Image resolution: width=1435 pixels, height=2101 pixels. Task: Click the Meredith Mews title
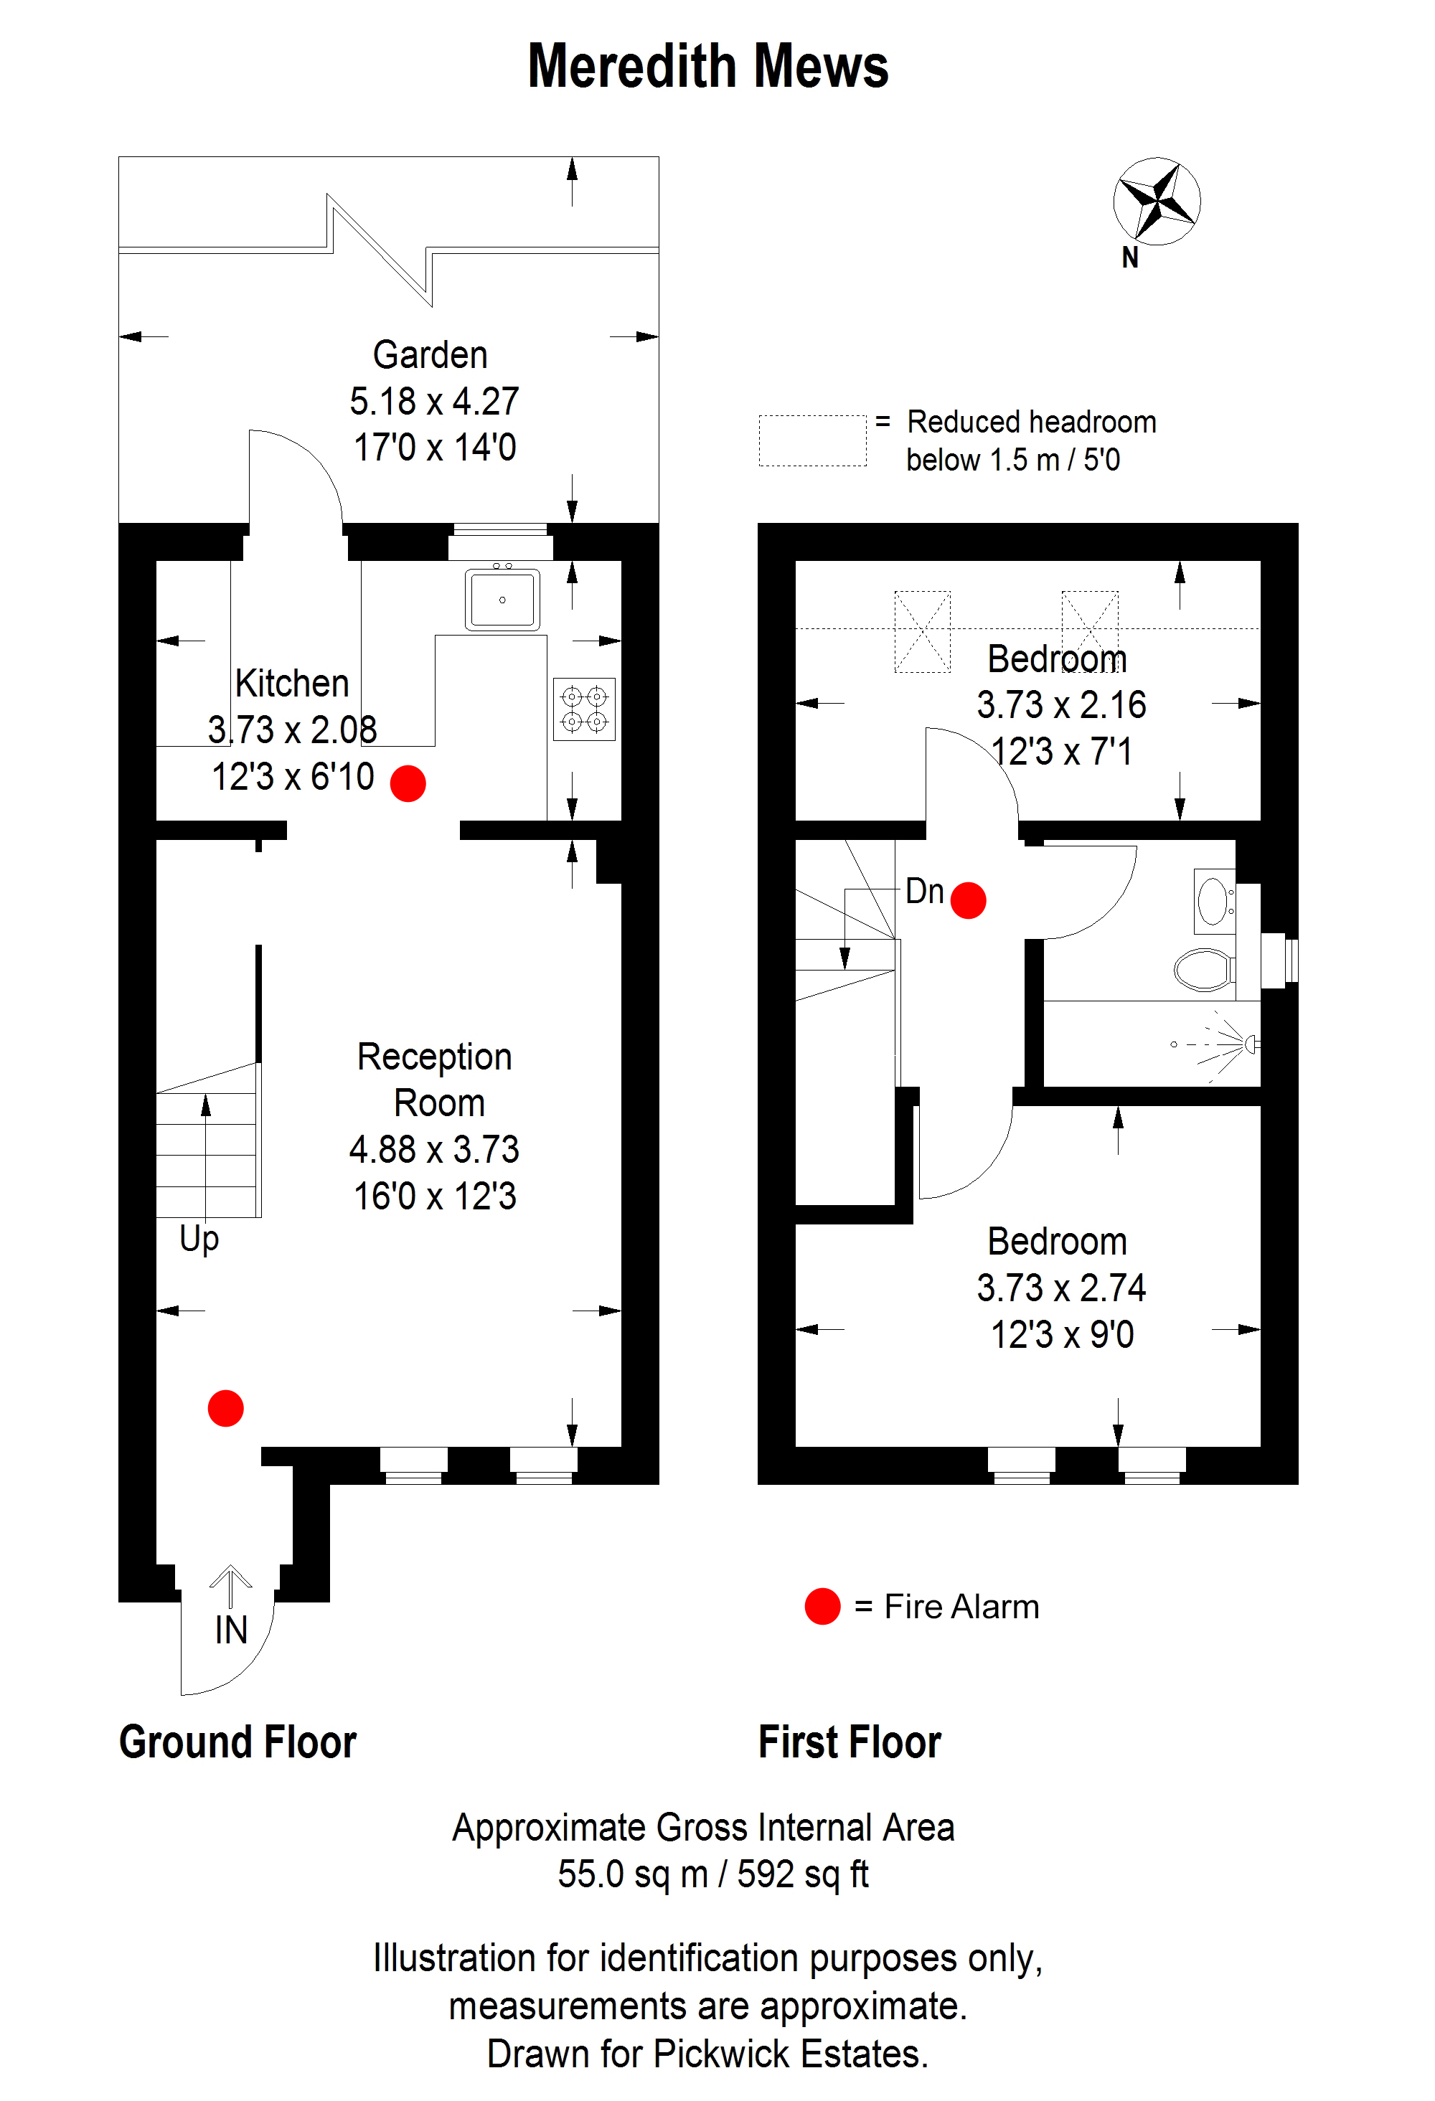tap(708, 67)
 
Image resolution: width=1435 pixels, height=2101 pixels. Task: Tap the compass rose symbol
tap(1157, 201)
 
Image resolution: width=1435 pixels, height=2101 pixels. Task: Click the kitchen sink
tap(503, 598)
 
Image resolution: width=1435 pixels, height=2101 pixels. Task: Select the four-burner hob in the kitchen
tap(584, 709)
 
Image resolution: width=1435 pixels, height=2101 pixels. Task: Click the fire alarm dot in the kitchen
tap(408, 783)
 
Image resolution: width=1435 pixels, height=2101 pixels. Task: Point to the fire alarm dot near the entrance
tap(226, 1407)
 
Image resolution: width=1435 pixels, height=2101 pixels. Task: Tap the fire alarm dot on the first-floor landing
tap(969, 900)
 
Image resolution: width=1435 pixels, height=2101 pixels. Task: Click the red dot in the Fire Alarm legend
tap(823, 1607)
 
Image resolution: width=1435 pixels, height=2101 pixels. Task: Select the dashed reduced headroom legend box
tap(813, 441)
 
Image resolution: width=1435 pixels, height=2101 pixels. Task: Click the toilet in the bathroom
tap(1205, 970)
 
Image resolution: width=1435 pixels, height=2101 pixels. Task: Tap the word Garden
tap(430, 355)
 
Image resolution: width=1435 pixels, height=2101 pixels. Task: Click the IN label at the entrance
tap(232, 1630)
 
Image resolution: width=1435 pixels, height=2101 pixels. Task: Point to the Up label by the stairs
tap(199, 1240)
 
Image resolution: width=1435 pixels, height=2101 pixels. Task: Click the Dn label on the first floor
tap(925, 892)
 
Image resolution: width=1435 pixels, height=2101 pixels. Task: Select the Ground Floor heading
tap(237, 1742)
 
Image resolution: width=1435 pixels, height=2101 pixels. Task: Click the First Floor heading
tap(850, 1742)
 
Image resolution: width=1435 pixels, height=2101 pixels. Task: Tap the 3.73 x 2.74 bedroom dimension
tap(1062, 1288)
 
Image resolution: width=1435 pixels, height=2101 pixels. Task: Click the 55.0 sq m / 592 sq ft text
tap(713, 1874)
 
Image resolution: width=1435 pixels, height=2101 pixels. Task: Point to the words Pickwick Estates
tap(791, 2054)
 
